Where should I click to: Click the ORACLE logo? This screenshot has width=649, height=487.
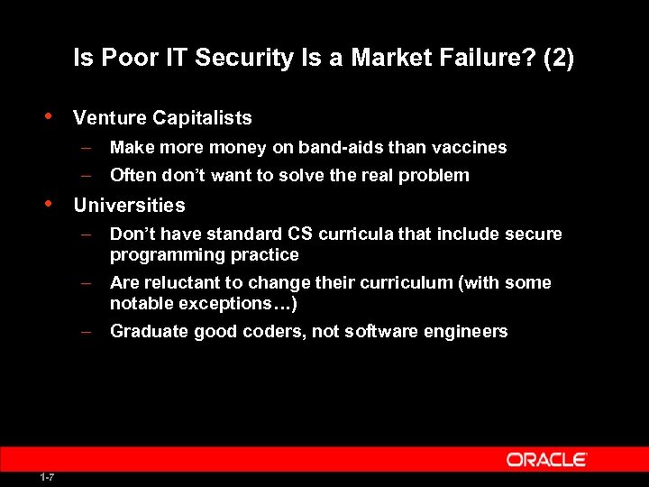546,460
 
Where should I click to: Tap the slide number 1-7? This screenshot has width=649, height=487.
46,477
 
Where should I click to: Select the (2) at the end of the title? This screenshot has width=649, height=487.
557,60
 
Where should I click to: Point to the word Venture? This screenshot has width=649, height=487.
109,118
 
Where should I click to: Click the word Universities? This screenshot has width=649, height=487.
129,206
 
